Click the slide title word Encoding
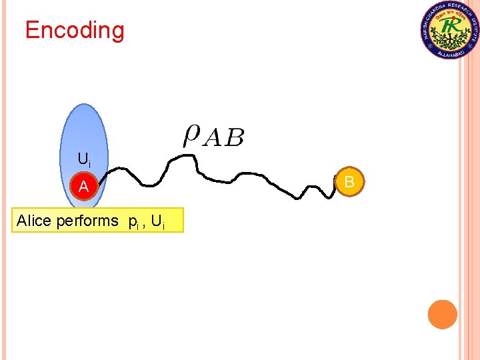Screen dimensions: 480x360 pyautogui.click(x=75, y=31)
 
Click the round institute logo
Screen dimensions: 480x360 pyautogui.click(x=450, y=29)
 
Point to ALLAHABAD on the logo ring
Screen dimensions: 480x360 pyautogui.click(x=450, y=53)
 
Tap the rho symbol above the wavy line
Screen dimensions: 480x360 pyautogui.click(x=191, y=135)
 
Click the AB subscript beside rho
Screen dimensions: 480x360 pyautogui.click(x=223, y=138)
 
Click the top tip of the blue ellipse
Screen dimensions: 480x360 pyautogui.click(x=84, y=105)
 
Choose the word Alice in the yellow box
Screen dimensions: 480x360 pyautogui.click(x=34, y=221)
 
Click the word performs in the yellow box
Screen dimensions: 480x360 pyautogui.click(x=87, y=221)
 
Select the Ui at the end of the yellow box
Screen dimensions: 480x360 pyautogui.click(x=159, y=221)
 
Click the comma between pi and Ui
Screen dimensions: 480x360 pyautogui.click(x=145, y=225)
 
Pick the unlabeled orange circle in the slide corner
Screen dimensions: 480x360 pyautogui.click(x=442, y=314)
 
